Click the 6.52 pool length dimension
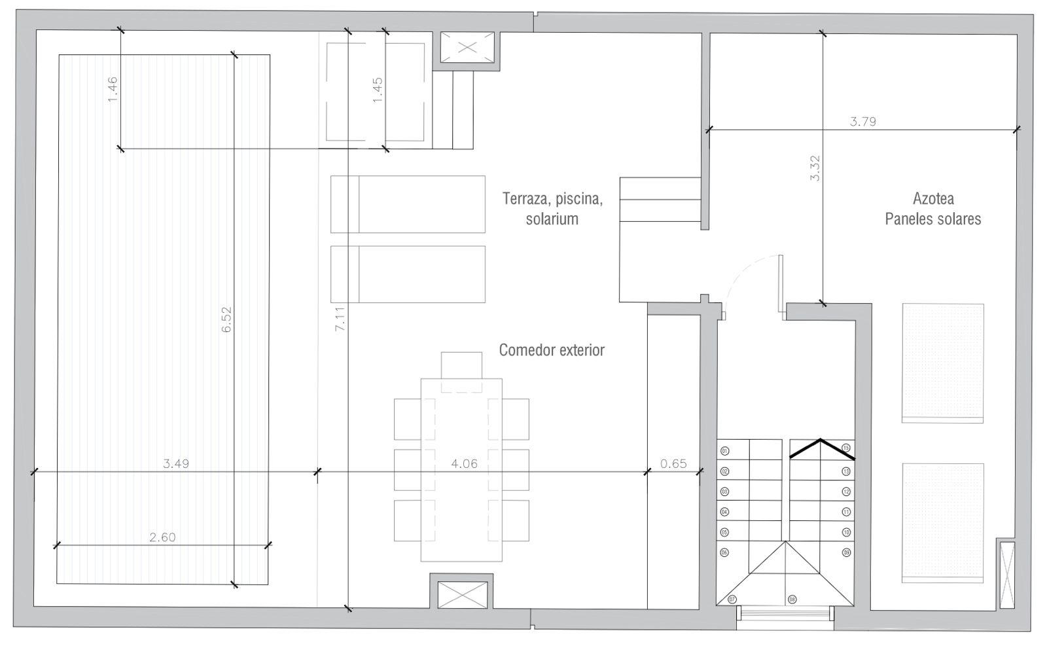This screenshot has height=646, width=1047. coord(227,319)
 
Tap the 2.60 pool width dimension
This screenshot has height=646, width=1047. coord(162,537)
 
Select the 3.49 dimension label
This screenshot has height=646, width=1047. coord(176,464)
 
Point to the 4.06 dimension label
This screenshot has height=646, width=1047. coord(465,464)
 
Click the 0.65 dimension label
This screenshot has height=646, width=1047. coord(673,464)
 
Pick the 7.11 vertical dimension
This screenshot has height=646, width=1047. coord(340,319)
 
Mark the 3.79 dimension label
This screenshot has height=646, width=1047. coord(862,121)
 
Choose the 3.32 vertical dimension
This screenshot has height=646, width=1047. coord(815,168)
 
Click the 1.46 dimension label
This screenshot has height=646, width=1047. coord(113,89)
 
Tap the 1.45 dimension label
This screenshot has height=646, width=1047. coord(378,89)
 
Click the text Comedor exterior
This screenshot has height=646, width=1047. coord(552,350)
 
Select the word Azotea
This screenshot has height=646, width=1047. coord(933,198)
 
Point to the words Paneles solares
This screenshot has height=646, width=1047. coord(933,219)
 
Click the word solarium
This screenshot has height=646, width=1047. coord(552,219)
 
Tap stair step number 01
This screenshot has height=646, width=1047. coord(724,451)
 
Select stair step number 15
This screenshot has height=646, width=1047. coord(846,448)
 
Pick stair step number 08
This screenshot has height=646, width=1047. coord(792,599)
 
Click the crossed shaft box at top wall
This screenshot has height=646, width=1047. coord(467,47)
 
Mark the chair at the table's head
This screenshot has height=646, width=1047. coord(461,365)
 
